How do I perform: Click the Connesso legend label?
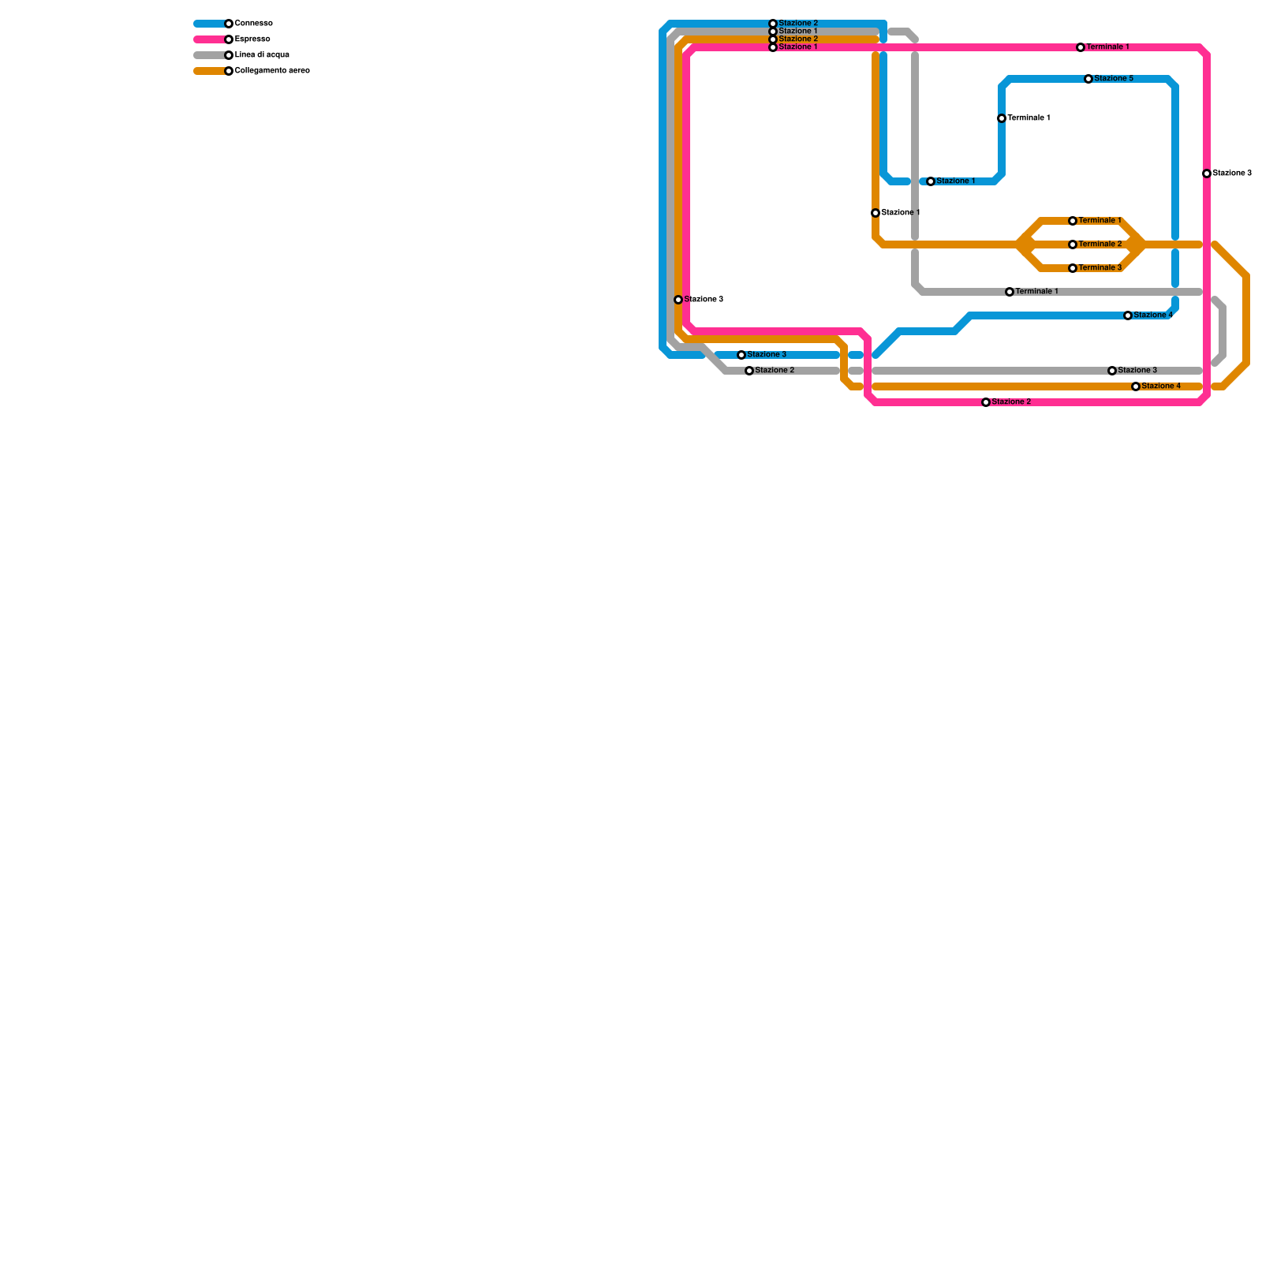(253, 24)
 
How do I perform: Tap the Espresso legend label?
(252, 39)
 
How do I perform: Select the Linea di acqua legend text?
(262, 55)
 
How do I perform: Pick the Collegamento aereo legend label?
(272, 71)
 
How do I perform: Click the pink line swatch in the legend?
(210, 39)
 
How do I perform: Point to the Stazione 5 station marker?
(1088, 79)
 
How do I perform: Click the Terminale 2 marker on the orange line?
(1073, 245)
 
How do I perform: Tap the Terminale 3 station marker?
(1073, 268)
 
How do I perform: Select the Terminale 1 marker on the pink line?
(1081, 47)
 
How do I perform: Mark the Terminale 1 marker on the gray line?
(1010, 292)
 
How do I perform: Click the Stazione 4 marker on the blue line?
(1128, 315)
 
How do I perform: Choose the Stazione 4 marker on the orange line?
(1136, 386)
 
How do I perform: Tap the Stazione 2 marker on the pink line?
(986, 402)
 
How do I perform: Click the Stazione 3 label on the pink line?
(1232, 174)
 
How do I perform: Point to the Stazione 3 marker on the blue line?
(741, 355)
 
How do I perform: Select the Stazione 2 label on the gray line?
(775, 371)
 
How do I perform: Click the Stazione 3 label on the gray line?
(1137, 371)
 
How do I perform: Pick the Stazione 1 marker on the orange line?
(876, 213)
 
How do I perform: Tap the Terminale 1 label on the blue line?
(1029, 118)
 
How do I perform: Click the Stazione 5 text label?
(1114, 79)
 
